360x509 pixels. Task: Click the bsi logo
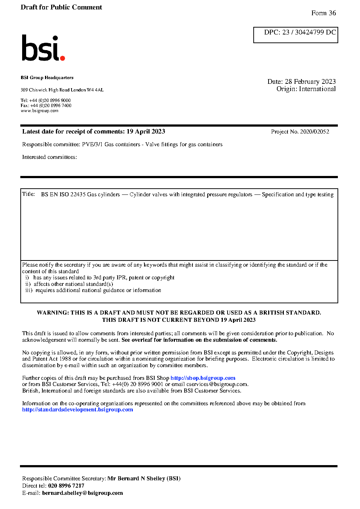click(x=43, y=48)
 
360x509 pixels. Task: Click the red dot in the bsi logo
click(x=62, y=58)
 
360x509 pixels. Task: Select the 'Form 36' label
click(x=323, y=13)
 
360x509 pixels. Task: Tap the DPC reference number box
click(x=295, y=35)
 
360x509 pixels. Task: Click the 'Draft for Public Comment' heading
click(x=61, y=7)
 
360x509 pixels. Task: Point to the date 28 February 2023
click(x=310, y=82)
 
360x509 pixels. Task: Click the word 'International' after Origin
click(x=317, y=89)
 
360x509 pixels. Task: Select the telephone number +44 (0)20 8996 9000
click(x=50, y=100)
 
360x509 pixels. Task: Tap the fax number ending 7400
click(x=51, y=106)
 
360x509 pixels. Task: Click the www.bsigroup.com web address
click(x=40, y=111)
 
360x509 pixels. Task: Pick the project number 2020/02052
click(x=315, y=132)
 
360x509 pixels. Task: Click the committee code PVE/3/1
click(x=92, y=144)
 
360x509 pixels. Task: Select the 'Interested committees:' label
click(x=49, y=157)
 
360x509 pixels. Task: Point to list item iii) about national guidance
click(x=93, y=290)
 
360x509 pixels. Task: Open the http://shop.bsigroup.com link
click(x=203, y=378)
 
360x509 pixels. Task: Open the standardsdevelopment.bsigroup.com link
click(x=77, y=410)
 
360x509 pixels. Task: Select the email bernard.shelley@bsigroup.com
click(x=82, y=493)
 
